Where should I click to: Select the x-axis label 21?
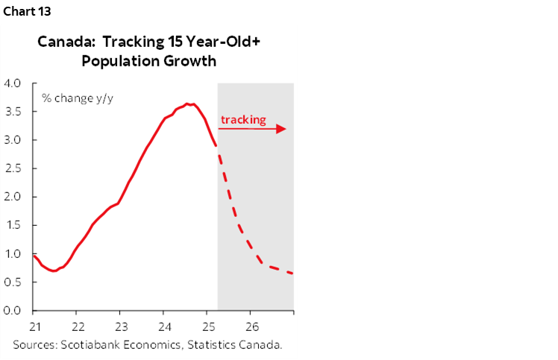coord(34,326)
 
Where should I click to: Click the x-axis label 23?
coord(122,326)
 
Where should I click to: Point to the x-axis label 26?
coord(252,326)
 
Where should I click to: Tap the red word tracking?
coord(243,119)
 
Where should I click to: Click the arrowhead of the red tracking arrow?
coord(281,129)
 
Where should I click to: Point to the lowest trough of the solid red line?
coord(52,271)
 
